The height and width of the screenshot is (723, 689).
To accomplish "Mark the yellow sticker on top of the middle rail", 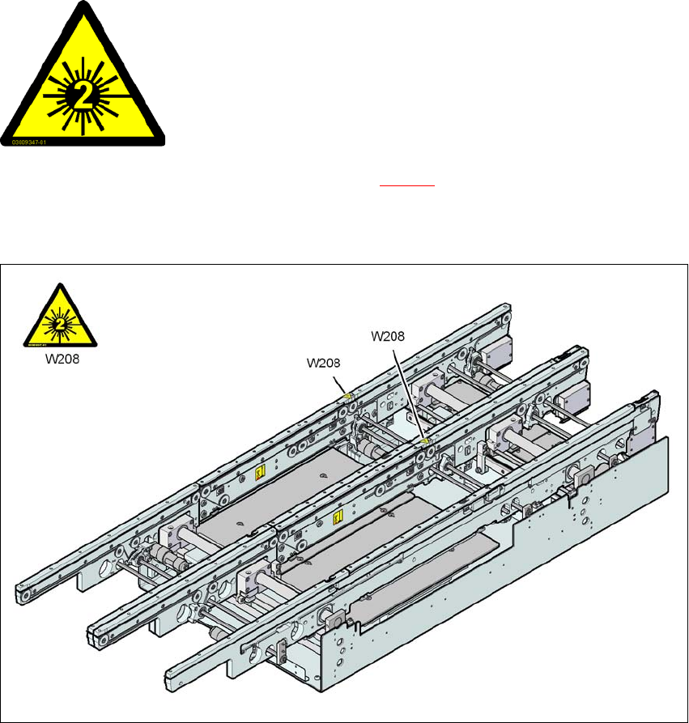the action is (x=424, y=442).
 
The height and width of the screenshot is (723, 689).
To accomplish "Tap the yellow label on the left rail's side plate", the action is (x=260, y=470).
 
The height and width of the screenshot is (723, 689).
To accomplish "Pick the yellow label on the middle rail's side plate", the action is (x=338, y=515).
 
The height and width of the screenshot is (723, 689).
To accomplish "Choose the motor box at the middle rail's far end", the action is (x=577, y=394).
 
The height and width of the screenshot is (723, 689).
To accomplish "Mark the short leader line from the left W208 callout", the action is (x=342, y=381).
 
